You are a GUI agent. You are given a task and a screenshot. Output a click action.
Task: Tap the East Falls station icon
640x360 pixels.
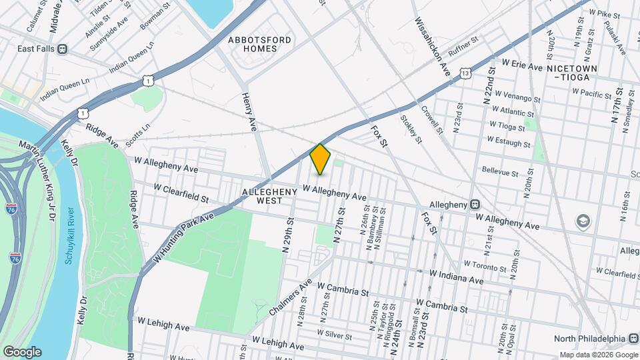point(63,48)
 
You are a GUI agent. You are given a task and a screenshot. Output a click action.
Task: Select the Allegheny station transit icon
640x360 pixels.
point(475,204)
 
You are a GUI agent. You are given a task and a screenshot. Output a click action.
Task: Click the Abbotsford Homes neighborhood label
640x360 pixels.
point(260,45)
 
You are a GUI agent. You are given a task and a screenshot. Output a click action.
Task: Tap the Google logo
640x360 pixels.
point(22,351)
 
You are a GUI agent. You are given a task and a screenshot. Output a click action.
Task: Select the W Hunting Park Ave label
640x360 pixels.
point(184,237)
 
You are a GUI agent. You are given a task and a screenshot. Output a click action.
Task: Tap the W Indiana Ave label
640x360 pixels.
point(457,277)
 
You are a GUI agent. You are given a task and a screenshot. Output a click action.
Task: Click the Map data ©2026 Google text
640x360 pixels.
point(598,354)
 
